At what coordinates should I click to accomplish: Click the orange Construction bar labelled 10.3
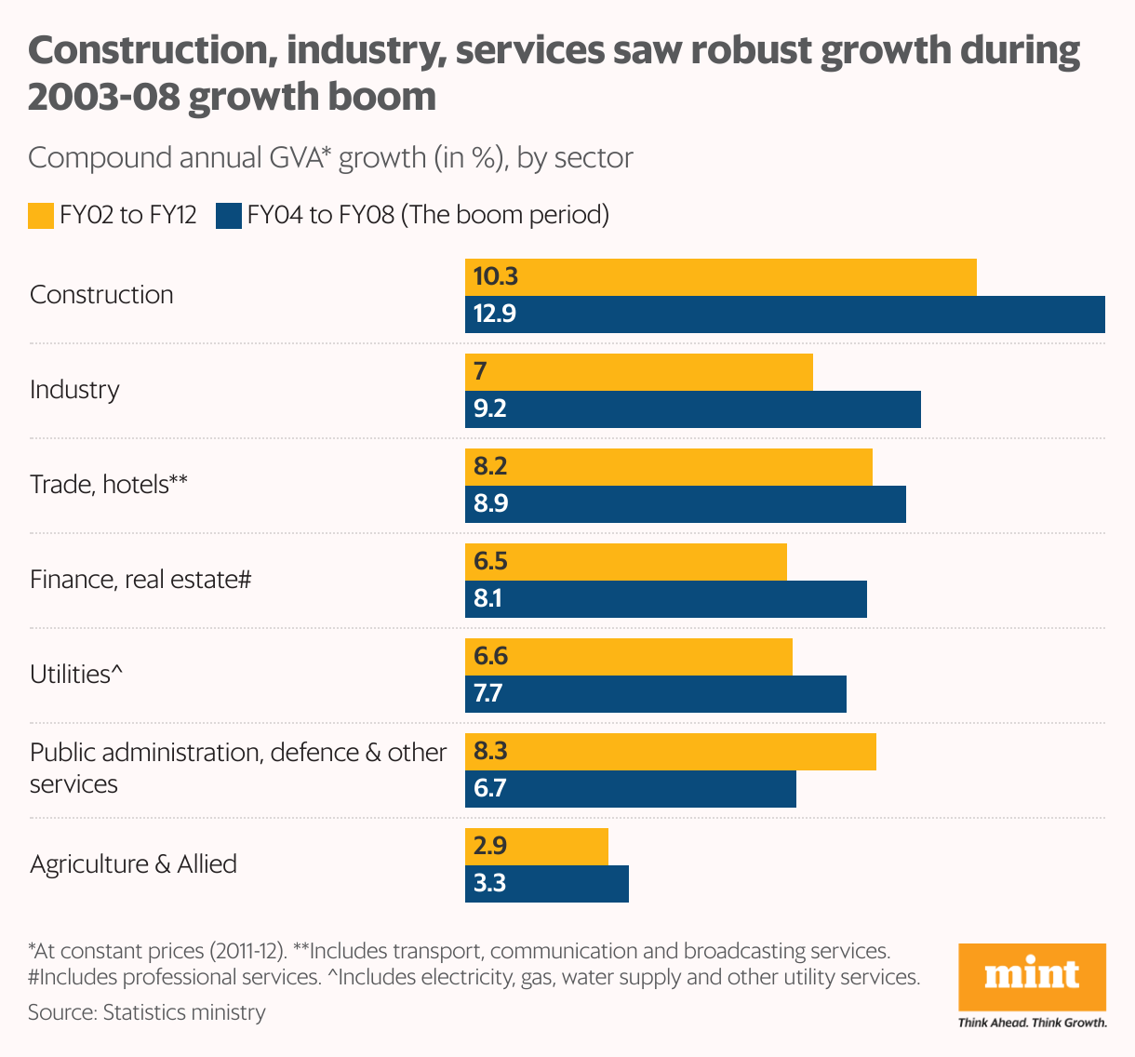721,277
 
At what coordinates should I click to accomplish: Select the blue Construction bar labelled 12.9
784,314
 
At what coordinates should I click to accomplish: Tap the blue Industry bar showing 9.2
693,409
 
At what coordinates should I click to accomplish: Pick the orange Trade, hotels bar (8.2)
669,467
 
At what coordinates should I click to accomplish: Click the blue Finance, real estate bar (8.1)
666,599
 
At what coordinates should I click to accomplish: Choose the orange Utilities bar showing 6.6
629,657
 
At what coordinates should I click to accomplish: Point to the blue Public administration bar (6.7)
631,789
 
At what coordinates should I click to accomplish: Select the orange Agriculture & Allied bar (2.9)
537,847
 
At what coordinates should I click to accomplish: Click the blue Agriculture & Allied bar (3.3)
547,884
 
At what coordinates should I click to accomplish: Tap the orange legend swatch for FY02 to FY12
41,216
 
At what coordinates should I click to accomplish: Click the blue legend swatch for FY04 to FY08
228,216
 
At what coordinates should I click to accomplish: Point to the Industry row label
74,389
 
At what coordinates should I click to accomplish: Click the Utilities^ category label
76,674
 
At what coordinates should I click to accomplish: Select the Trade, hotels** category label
109,484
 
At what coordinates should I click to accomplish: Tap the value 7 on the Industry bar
480,372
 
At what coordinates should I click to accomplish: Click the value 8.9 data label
491,504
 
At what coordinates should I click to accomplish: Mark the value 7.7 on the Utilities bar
488,694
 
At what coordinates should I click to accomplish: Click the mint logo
1032,977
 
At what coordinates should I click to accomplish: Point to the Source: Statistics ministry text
147,1012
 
